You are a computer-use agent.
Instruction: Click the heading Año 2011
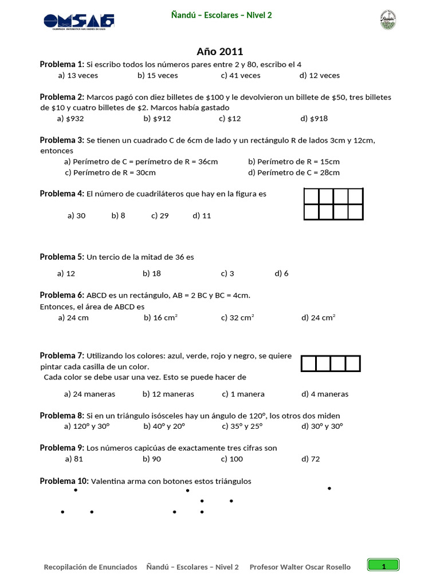click(219, 52)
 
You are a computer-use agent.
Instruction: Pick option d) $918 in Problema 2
click(314, 119)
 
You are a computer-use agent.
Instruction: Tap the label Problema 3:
click(62, 140)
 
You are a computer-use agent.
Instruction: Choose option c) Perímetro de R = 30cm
click(111, 172)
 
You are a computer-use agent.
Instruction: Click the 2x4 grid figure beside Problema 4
click(333, 204)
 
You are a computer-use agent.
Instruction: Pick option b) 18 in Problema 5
click(152, 273)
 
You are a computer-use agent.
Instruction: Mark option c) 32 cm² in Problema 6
click(238, 318)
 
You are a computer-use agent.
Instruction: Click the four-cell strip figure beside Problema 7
click(331, 363)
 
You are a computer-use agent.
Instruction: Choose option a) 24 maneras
click(90, 394)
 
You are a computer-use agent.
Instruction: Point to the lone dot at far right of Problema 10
click(329, 488)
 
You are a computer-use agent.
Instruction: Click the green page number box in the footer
click(383, 566)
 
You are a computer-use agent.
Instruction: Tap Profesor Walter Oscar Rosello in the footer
click(300, 567)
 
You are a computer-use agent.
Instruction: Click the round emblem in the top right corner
click(388, 19)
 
